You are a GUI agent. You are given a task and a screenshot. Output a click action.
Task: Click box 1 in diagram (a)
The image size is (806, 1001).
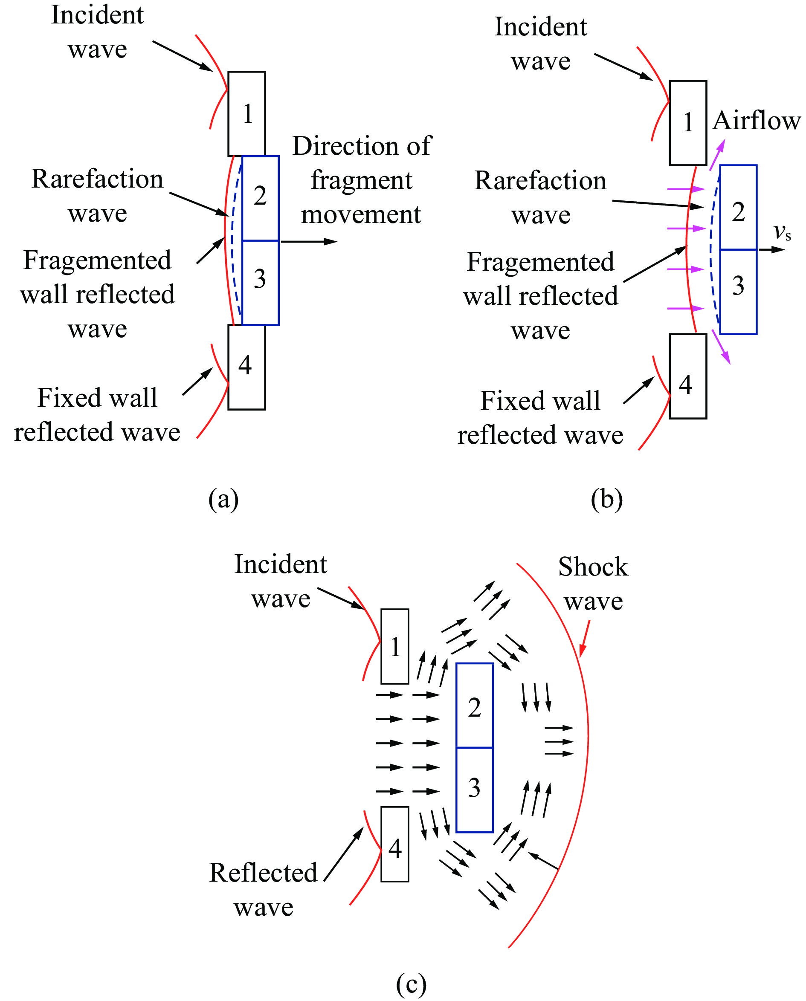point(246,114)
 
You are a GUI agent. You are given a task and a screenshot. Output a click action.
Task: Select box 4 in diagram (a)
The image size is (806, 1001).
point(246,367)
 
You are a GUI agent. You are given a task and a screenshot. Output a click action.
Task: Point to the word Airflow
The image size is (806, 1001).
point(756,121)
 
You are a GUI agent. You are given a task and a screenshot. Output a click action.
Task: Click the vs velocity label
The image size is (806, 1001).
point(782,232)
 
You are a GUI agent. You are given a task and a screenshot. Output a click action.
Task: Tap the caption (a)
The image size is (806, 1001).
point(223,499)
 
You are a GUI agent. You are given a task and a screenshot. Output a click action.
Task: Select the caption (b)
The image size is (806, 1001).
point(607,499)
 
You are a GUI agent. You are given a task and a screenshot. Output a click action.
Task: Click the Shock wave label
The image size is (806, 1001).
point(593,584)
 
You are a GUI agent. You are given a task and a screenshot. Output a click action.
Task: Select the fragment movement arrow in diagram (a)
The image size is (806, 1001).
point(309,241)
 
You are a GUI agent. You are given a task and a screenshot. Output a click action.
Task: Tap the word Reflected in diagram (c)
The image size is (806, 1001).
point(264,872)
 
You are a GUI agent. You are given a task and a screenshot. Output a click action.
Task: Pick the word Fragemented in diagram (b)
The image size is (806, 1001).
point(540,262)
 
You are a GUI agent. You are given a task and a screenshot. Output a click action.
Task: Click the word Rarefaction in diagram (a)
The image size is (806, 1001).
point(98,179)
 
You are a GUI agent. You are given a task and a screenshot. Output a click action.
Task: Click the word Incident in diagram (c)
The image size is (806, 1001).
point(281,564)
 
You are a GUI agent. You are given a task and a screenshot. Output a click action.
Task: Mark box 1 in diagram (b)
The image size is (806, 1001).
point(688,123)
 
